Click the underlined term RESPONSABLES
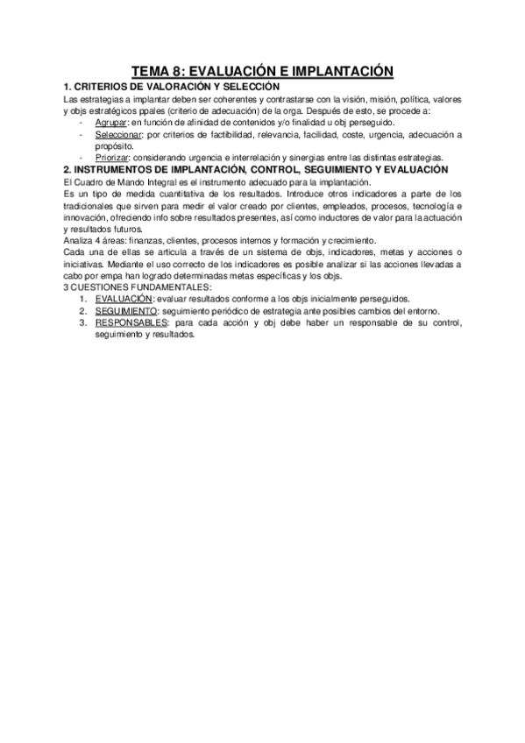[129, 323]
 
